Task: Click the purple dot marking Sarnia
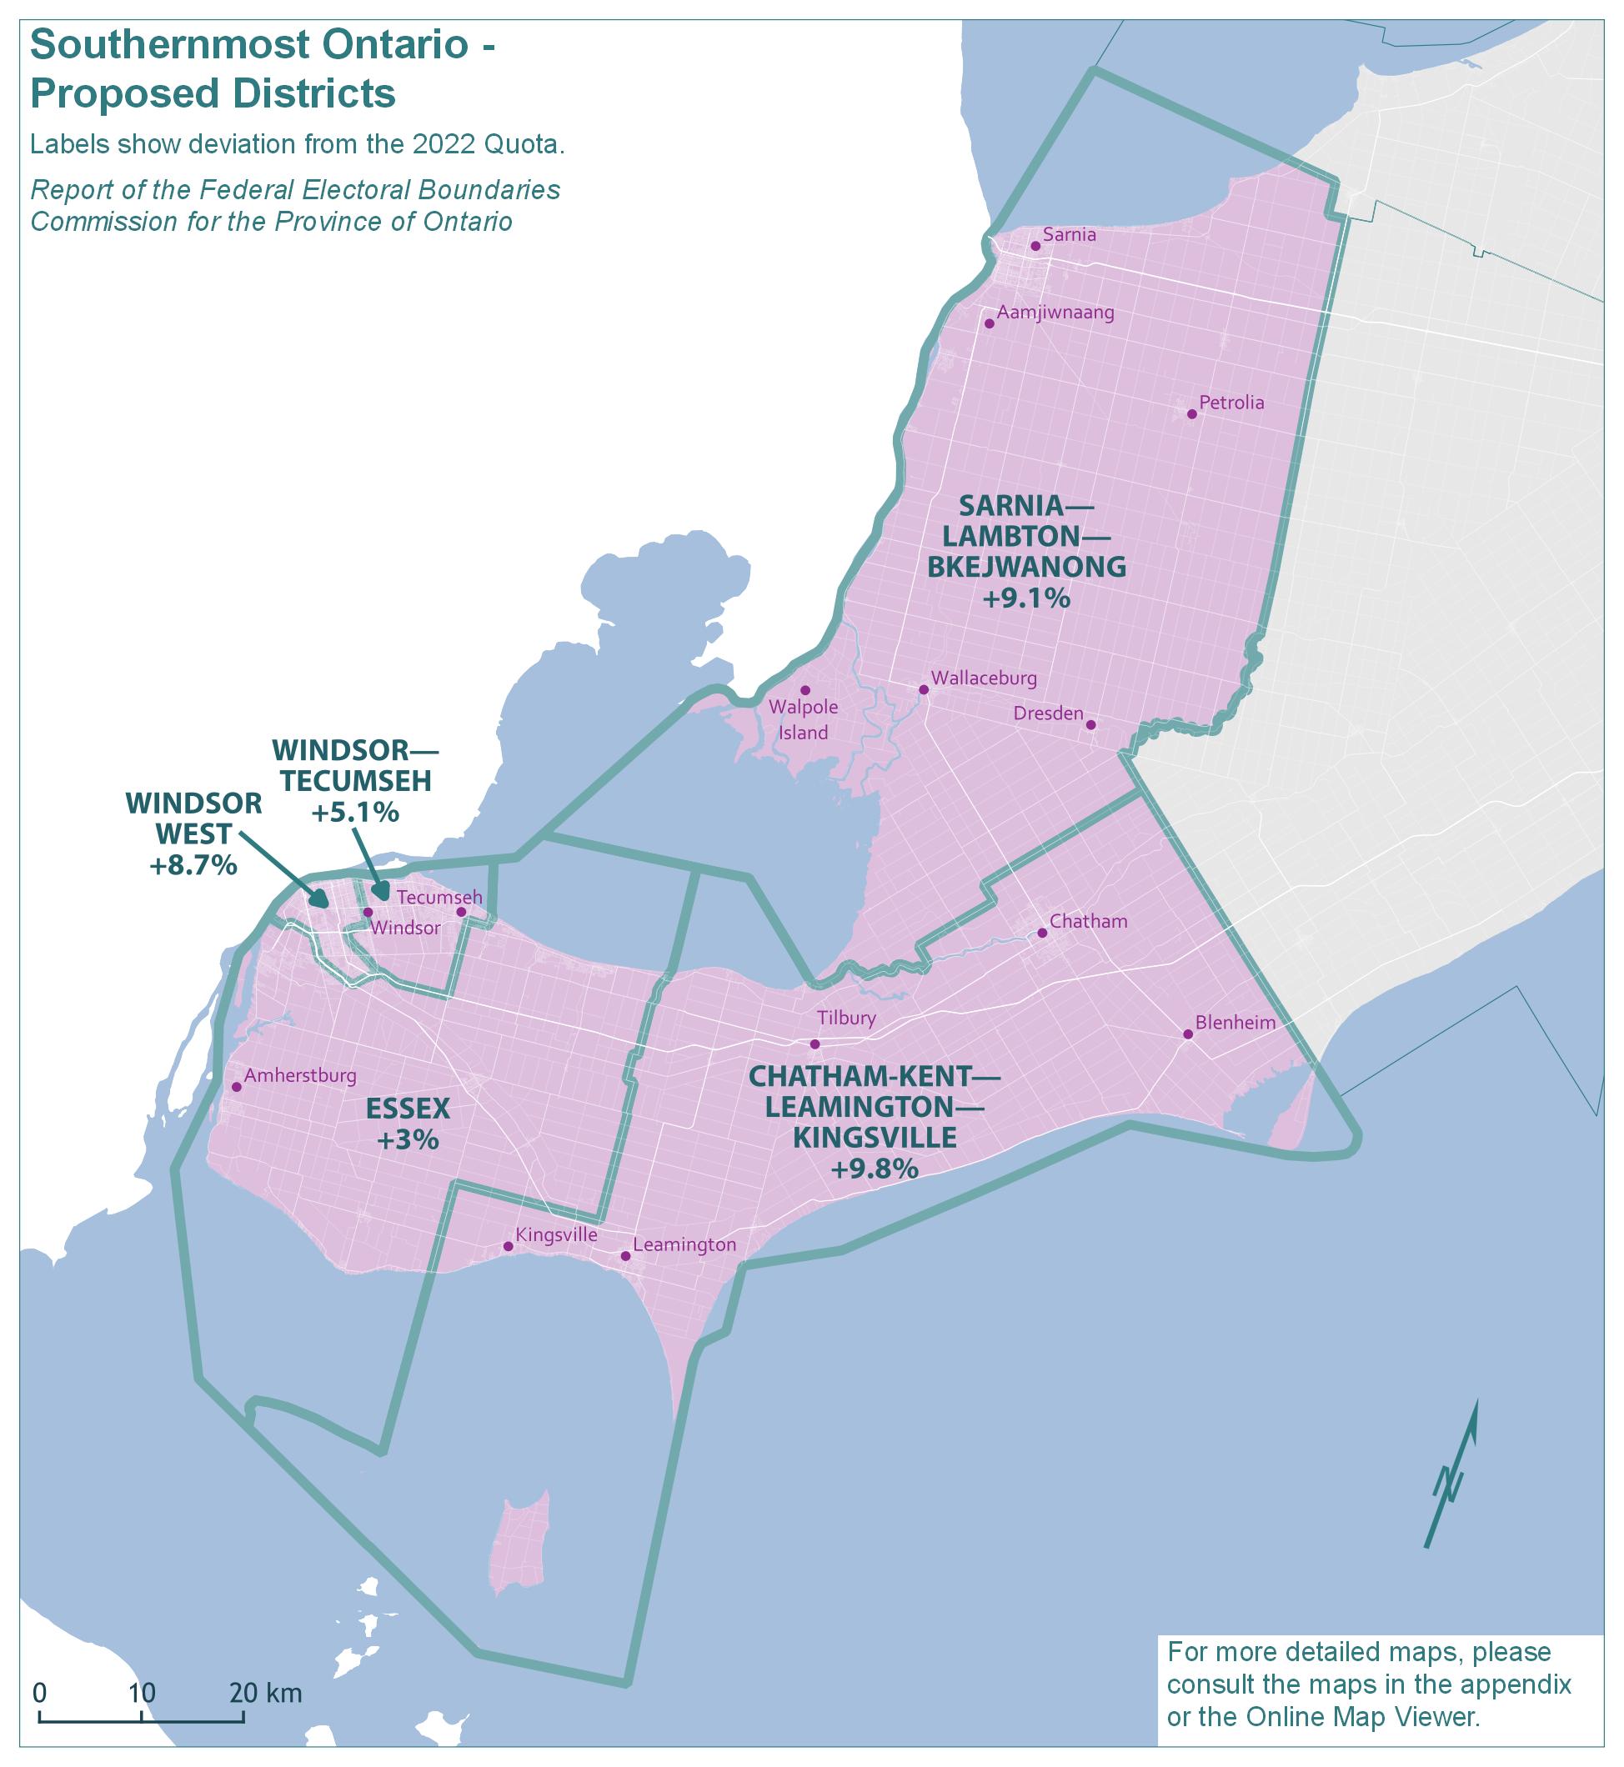tap(1035, 246)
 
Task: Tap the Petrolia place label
tap(1231, 403)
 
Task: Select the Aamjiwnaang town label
tap(1055, 313)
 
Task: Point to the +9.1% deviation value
tap(1025, 599)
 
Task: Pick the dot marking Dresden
tap(1090, 725)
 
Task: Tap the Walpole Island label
tap(803, 719)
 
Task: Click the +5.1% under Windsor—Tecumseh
tap(355, 813)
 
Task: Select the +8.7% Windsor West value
tap(193, 865)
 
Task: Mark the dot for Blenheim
tap(1187, 1034)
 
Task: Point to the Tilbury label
tap(846, 1019)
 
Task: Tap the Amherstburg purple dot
tap(237, 1087)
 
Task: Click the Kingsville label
tap(556, 1234)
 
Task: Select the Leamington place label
tap(684, 1245)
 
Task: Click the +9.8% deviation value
tap(875, 1169)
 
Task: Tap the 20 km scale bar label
tap(265, 1692)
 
